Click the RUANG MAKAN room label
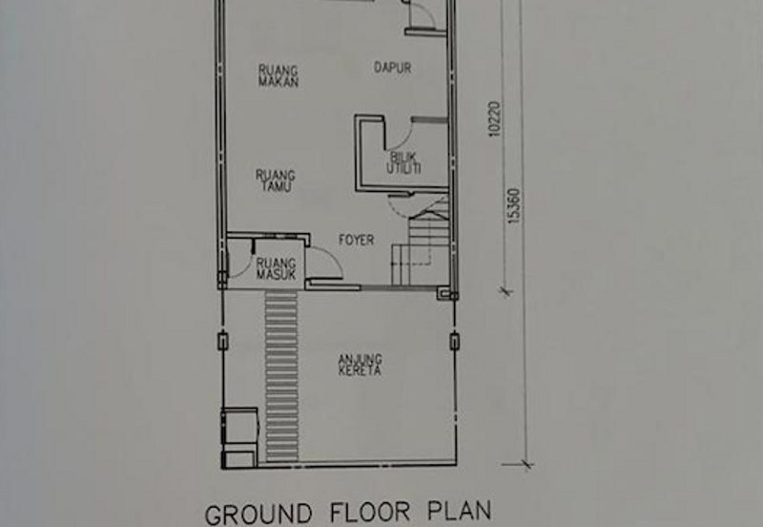point(278,76)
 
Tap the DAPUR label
point(393,67)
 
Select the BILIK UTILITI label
point(403,163)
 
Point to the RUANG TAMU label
point(276,180)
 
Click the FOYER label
point(357,240)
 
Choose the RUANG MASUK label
point(276,268)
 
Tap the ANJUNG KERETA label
point(361,365)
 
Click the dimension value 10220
point(494,118)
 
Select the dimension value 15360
point(514,206)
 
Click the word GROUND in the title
point(258,515)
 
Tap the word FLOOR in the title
point(370,513)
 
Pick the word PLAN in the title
point(460,511)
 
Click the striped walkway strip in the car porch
point(281,376)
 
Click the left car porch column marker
point(222,341)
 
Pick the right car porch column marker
point(454,341)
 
